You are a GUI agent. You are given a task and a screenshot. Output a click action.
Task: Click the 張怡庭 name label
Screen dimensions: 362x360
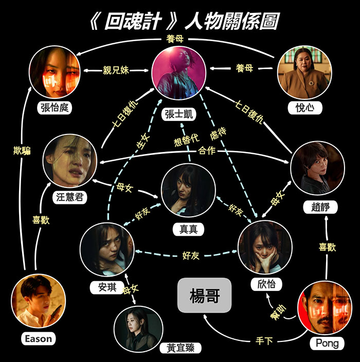pos(54,108)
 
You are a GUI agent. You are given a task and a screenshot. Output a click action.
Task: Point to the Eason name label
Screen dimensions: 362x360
pos(38,339)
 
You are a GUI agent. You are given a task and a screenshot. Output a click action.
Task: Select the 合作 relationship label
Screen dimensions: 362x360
pos(208,151)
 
